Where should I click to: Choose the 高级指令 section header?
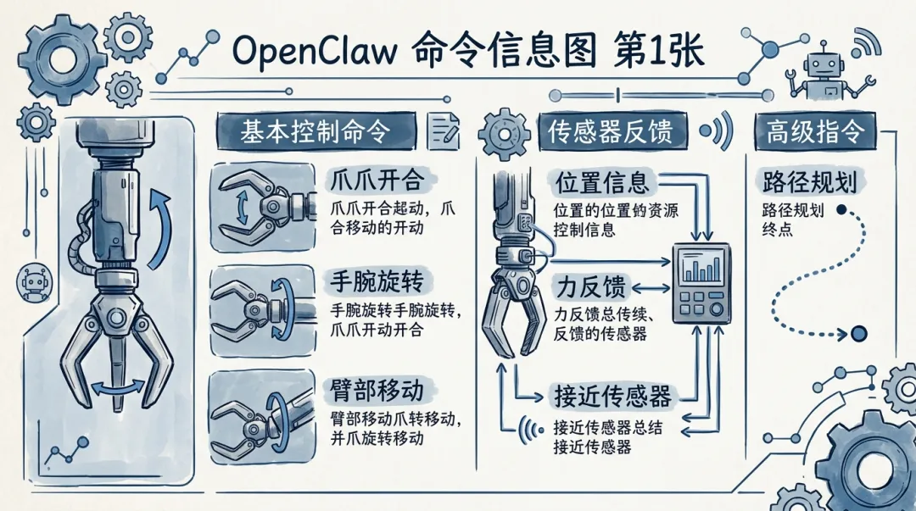pos(814,132)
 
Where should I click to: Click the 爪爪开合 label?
pos(376,180)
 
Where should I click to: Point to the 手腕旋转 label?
pos(376,280)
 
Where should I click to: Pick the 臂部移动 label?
pos(376,389)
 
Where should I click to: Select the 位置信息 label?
pos(602,181)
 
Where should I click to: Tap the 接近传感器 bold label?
pos(612,395)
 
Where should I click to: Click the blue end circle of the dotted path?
pos(857,332)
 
